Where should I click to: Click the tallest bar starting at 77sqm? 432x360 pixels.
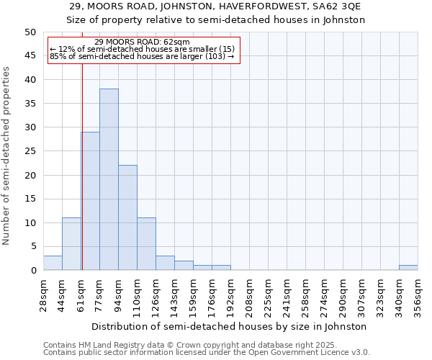point(109,179)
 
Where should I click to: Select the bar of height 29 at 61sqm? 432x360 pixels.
point(90,201)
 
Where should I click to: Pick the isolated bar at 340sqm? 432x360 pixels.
point(408,267)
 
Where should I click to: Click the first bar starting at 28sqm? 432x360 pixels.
point(53,263)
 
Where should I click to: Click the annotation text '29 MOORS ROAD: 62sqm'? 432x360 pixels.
point(142,42)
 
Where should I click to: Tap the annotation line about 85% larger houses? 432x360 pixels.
point(142,56)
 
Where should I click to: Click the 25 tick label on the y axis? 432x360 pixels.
point(30,151)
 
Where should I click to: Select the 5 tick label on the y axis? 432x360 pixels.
point(33,246)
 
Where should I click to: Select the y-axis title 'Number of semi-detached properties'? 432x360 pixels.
point(7,156)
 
